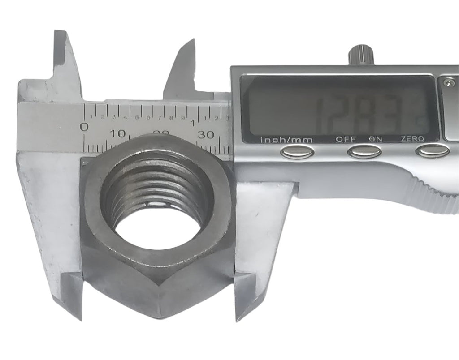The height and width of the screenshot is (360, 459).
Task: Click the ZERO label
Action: click(411, 139)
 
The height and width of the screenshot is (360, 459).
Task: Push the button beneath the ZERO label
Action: click(432, 152)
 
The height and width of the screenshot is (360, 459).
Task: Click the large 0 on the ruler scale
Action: click(84, 127)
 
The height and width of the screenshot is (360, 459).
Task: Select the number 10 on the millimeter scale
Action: click(118, 133)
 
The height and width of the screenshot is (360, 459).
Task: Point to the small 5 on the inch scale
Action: click(137, 118)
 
